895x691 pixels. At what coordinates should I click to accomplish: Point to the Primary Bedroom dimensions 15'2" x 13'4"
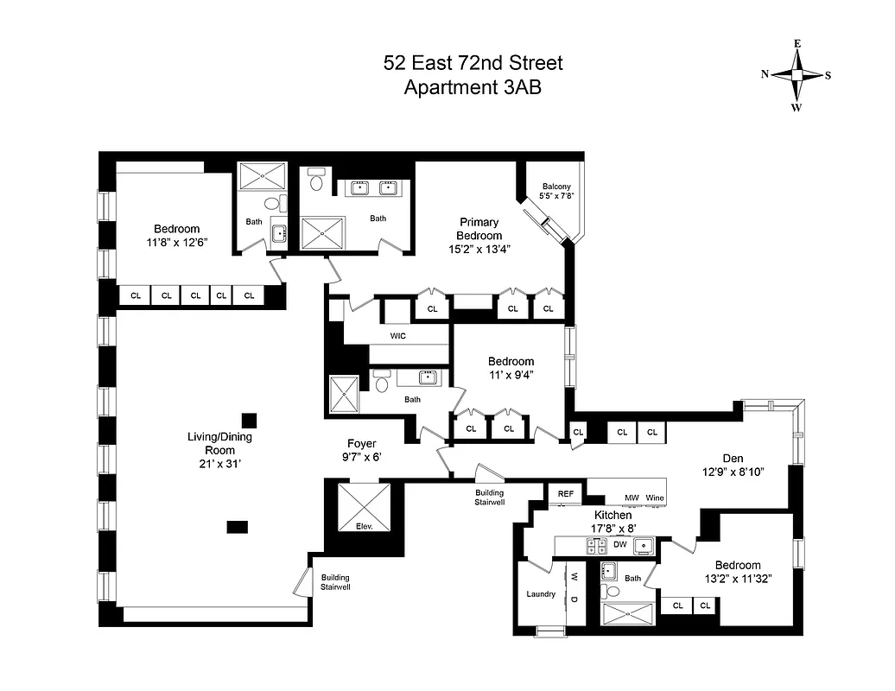tap(479, 249)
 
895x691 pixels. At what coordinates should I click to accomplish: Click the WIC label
tap(397, 335)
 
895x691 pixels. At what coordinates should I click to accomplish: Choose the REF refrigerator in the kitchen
tap(566, 494)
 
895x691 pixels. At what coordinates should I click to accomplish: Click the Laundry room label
tap(541, 593)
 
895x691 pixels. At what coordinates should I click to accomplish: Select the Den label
tap(733, 458)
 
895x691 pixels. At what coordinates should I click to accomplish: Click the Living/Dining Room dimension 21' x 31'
tap(219, 464)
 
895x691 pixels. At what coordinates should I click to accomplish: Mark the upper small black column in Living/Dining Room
tap(249, 420)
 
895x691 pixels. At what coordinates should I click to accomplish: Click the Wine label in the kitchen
tap(654, 498)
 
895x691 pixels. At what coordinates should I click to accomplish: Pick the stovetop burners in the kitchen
tap(595, 545)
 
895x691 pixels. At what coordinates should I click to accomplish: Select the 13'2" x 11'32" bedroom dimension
tap(737, 579)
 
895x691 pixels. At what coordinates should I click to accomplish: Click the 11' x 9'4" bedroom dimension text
tap(511, 375)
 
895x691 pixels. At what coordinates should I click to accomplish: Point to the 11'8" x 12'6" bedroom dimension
tap(176, 243)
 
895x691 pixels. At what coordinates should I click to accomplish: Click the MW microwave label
tap(632, 498)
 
